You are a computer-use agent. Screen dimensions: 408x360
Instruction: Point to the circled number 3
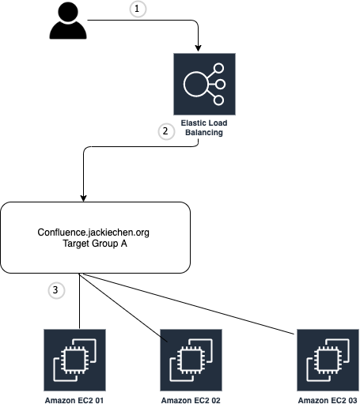[55, 291]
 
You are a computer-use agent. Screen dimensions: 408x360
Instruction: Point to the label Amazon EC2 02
[191, 401]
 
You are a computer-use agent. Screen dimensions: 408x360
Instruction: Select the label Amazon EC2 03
[328, 401]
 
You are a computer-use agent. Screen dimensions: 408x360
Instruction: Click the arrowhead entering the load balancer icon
[197, 49]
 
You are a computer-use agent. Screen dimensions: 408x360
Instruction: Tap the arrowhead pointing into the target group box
[83, 198]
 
